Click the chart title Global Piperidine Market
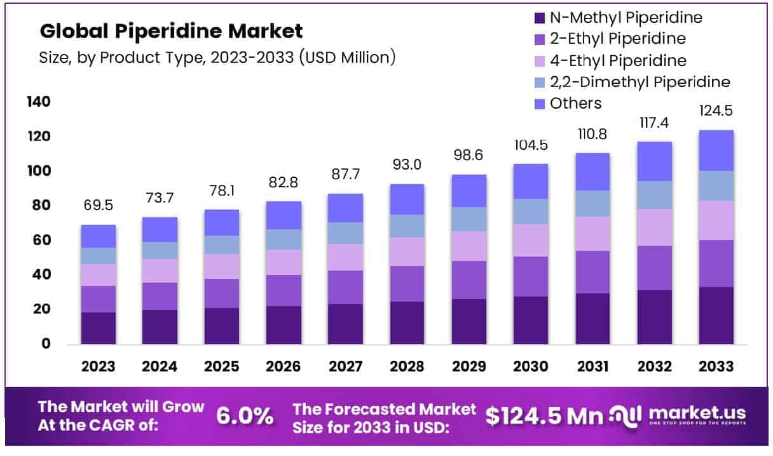pyautogui.click(x=171, y=30)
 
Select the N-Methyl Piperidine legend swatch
pyautogui.click(x=540, y=18)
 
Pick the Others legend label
pyautogui.click(x=576, y=103)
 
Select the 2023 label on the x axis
pyautogui.click(x=98, y=366)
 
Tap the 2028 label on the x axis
pyautogui.click(x=407, y=366)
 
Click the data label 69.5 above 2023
pyautogui.click(x=98, y=207)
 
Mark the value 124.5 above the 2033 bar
pyautogui.click(x=716, y=111)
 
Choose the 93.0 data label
pyautogui.click(x=407, y=166)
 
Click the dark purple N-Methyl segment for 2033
pyautogui.click(x=716, y=316)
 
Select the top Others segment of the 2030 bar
pyautogui.click(x=531, y=182)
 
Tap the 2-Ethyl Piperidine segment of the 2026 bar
pyautogui.click(x=284, y=290)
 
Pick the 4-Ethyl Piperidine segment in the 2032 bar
pyautogui.click(x=654, y=227)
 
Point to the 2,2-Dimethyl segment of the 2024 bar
pyautogui.click(x=160, y=251)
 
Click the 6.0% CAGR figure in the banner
pyautogui.click(x=245, y=416)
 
